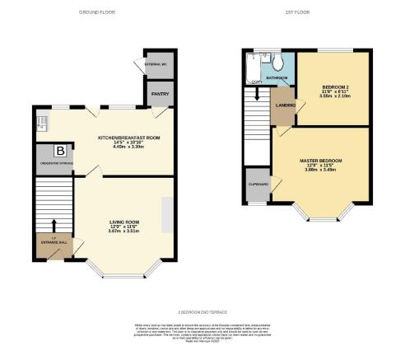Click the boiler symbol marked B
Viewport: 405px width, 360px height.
click(x=59, y=151)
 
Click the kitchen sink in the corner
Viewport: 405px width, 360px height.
click(x=42, y=124)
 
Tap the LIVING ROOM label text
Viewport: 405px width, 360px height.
click(x=125, y=222)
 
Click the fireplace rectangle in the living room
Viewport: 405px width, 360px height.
click(x=167, y=217)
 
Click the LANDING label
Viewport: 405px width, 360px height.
click(x=286, y=105)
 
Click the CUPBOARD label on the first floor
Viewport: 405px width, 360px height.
click(x=257, y=185)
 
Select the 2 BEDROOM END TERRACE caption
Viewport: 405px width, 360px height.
click(x=202, y=312)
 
